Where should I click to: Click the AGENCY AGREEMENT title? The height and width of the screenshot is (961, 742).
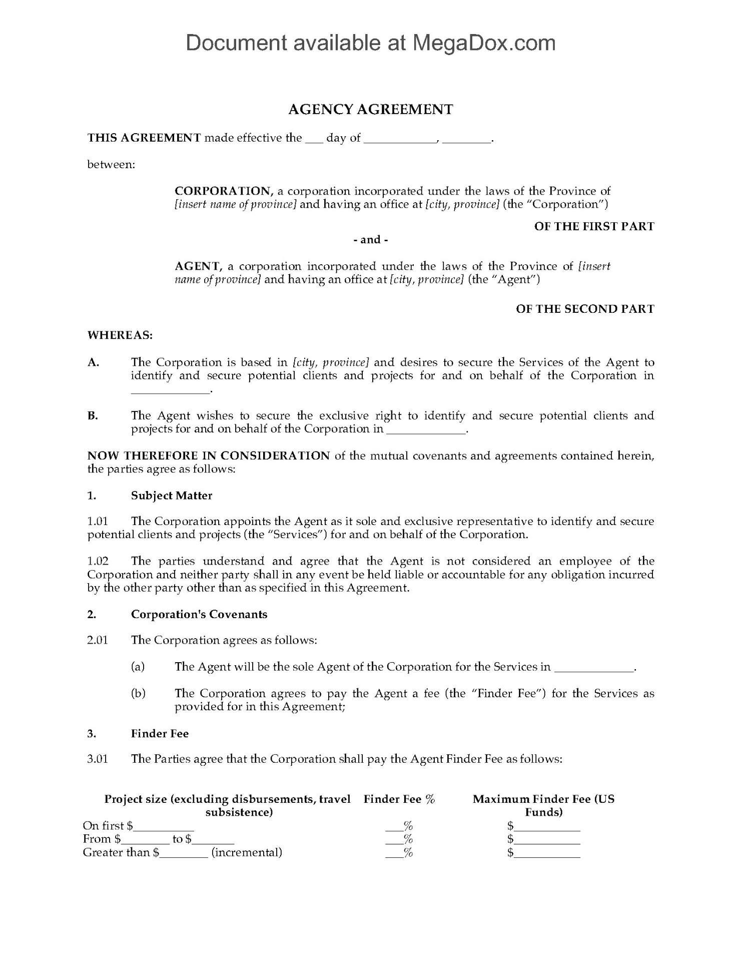(x=370, y=110)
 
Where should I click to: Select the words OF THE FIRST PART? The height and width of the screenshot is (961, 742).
(x=594, y=226)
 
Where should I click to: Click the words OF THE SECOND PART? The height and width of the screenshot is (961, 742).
(x=585, y=309)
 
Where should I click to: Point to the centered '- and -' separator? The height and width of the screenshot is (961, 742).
(x=370, y=240)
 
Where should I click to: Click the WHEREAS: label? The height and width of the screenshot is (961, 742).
(x=120, y=335)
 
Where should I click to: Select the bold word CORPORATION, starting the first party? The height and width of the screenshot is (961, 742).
(x=223, y=191)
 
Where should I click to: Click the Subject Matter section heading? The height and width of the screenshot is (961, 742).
(x=172, y=496)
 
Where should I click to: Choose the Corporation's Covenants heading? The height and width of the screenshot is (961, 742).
(x=199, y=615)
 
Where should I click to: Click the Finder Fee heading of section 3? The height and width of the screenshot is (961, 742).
(x=160, y=734)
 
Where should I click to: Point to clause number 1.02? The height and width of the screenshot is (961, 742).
(x=98, y=561)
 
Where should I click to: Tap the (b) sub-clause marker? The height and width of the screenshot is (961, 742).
(x=138, y=693)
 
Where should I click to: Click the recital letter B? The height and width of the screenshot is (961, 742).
(x=93, y=415)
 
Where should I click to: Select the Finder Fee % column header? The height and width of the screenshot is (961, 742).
(x=399, y=799)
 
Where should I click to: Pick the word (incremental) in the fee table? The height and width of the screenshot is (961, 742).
(x=247, y=852)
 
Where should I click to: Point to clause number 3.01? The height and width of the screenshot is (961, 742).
(x=98, y=759)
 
